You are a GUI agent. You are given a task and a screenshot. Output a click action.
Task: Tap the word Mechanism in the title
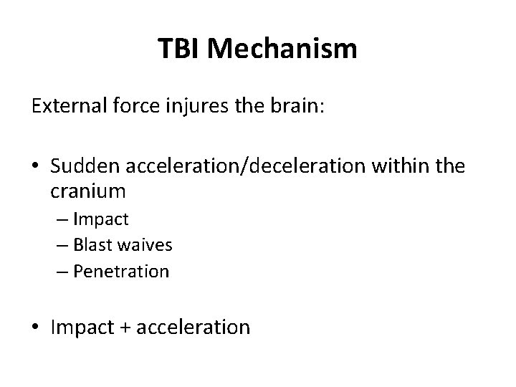coord(285,49)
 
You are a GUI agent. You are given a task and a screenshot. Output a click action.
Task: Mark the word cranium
coord(88,191)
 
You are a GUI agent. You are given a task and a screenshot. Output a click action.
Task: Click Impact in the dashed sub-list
coord(102,219)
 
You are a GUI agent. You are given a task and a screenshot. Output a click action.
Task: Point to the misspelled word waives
coord(147,245)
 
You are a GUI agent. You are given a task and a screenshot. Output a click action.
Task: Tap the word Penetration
coord(121,272)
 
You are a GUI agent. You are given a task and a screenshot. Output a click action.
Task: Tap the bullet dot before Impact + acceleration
coord(37,328)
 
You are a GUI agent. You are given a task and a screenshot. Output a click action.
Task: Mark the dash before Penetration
coord(59,272)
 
